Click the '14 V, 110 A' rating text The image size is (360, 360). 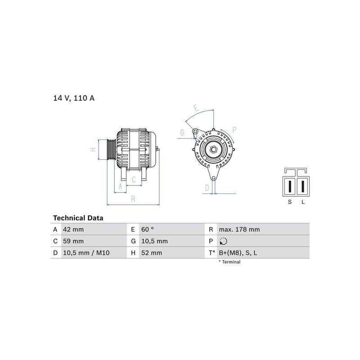click(74, 98)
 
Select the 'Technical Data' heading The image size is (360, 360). click(78, 218)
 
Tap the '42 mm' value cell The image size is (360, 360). click(73, 229)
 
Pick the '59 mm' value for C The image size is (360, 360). click(73, 241)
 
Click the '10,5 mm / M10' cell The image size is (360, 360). click(86, 253)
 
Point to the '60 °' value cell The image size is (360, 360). click(148, 229)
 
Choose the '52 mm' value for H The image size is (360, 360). click(152, 253)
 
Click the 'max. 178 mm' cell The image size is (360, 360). click(239, 229)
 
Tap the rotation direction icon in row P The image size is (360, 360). click(223, 241)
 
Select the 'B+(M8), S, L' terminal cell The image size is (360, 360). click(238, 253)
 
